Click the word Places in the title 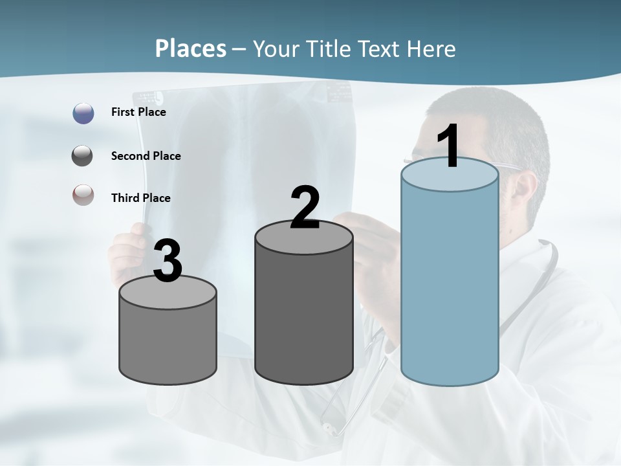tap(191, 49)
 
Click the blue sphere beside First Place tap(83, 113)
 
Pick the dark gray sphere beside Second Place tap(83, 156)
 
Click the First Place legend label tap(138, 112)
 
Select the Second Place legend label tap(146, 156)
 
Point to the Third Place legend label tap(140, 198)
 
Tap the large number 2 tap(305, 208)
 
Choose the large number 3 tap(168, 261)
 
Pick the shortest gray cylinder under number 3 tap(168, 343)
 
